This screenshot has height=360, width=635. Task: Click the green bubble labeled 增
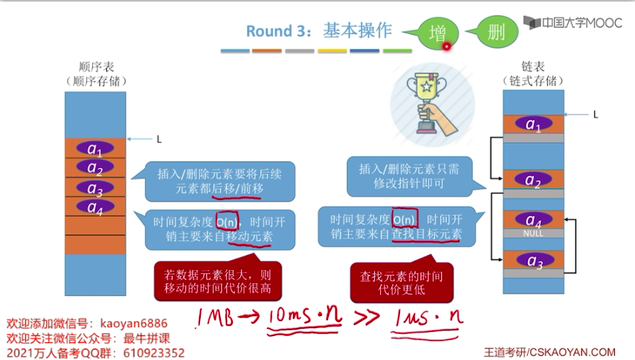438,33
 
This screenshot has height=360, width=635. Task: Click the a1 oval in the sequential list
95,148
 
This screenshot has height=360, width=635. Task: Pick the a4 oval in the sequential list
95,206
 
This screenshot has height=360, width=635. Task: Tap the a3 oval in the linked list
533,260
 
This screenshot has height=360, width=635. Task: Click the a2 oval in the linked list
533,180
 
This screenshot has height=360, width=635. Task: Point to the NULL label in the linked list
533,233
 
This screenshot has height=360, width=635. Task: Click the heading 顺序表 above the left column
95,66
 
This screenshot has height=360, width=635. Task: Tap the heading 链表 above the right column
533,66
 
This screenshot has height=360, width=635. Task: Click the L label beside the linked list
596,115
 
